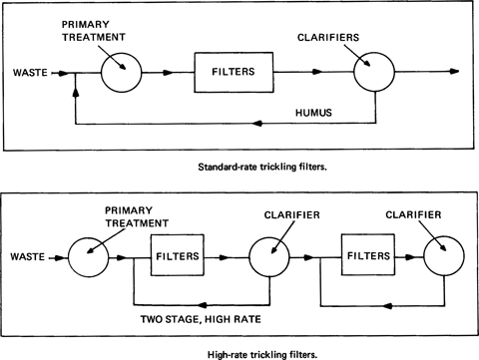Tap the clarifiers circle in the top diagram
pyautogui.click(x=373, y=73)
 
